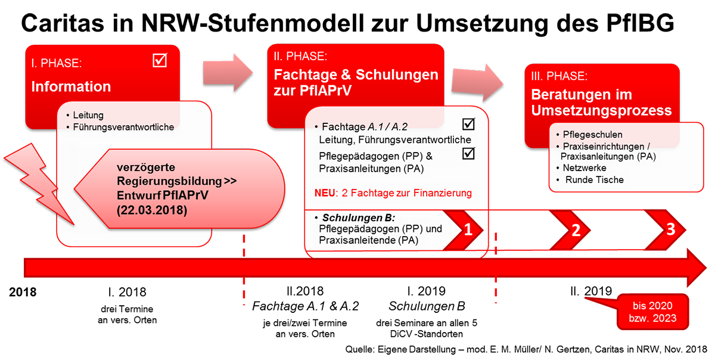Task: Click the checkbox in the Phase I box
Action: tap(160, 60)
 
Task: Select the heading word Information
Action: tap(71, 86)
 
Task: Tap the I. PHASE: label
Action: tap(57, 63)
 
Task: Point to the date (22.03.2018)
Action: tap(151, 209)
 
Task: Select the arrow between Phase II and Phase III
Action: tap(477, 80)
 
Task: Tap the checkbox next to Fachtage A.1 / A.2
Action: tap(468, 125)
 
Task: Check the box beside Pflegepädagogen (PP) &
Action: tap(468, 154)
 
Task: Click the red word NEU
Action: tap(325, 193)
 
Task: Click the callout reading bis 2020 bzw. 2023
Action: tap(654, 312)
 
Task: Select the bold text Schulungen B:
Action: tap(359, 218)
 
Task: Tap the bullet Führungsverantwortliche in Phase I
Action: tap(123, 126)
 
